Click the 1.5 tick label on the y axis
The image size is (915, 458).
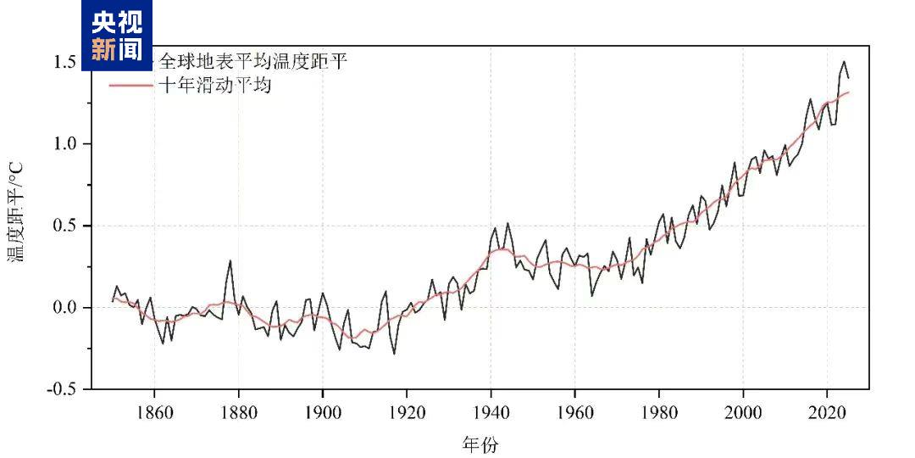65,62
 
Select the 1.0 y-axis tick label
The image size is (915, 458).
65,143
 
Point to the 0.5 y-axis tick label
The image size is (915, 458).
65,226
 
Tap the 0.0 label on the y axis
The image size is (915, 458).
65,307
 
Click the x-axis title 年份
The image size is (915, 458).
480,444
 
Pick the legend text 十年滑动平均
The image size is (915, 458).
214,85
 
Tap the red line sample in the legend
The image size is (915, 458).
130,85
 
